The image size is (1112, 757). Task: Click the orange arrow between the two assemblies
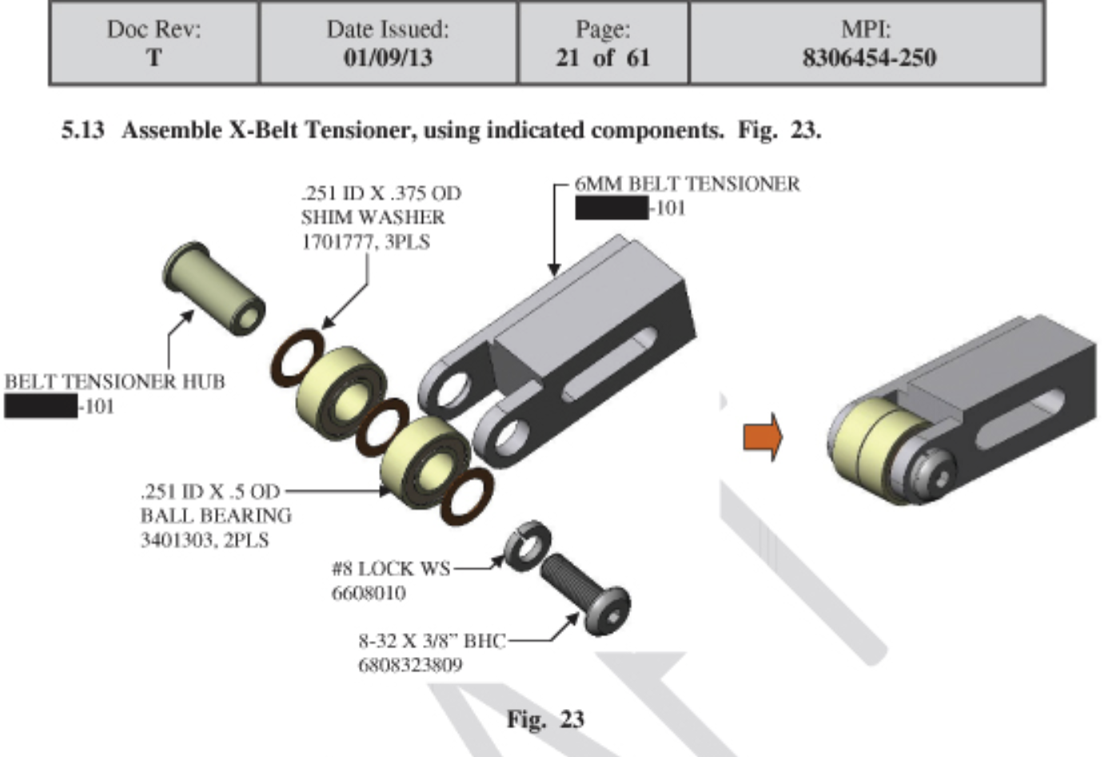[x=763, y=436]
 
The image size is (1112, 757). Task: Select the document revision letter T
[x=153, y=58]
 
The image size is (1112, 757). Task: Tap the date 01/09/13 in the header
[x=388, y=58]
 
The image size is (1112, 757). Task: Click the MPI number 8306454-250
[x=868, y=58]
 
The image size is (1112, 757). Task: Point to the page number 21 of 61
[x=603, y=58]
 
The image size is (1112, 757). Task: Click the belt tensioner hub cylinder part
[x=213, y=289]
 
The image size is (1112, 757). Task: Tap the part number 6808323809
[x=409, y=665]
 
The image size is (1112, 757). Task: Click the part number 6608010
[x=368, y=593]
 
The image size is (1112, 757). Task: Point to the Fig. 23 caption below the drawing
[x=545, y=719]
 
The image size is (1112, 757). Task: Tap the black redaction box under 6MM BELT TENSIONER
[x=612, y=209]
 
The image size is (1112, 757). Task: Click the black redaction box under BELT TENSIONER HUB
[x=41, y=407]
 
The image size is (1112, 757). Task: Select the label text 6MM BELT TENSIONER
[x=687, y=184]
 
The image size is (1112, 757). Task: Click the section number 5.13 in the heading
[x=82, y=130]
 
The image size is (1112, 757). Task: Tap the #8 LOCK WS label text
[x=390, y=569]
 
